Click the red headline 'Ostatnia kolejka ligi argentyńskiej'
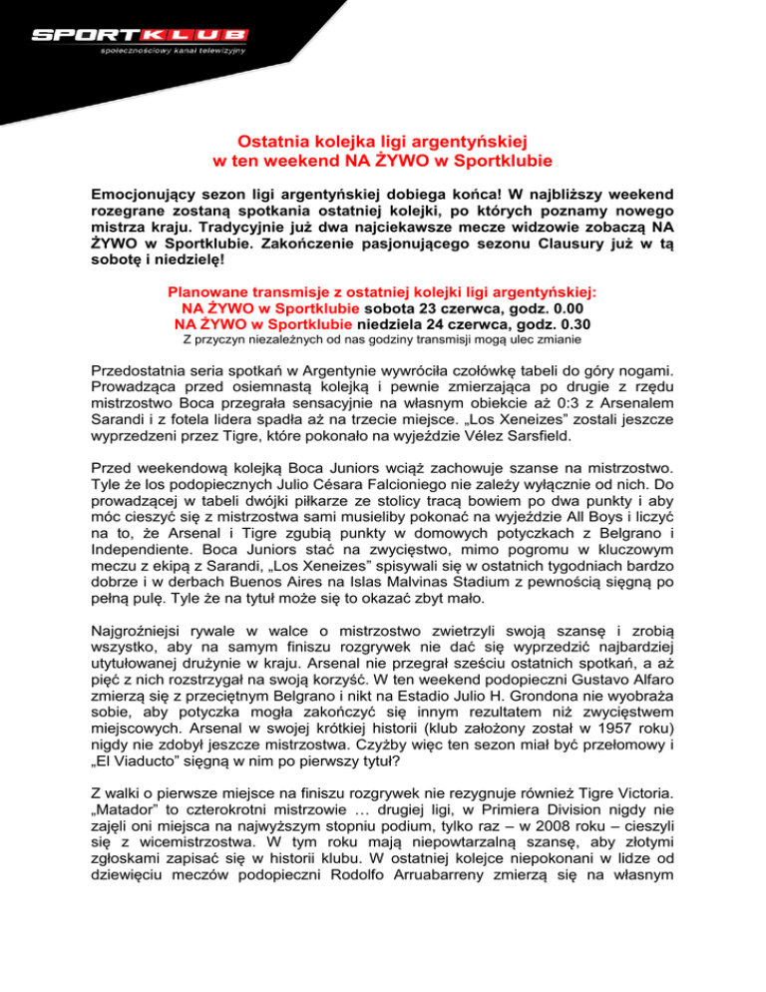coord(384,143)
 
